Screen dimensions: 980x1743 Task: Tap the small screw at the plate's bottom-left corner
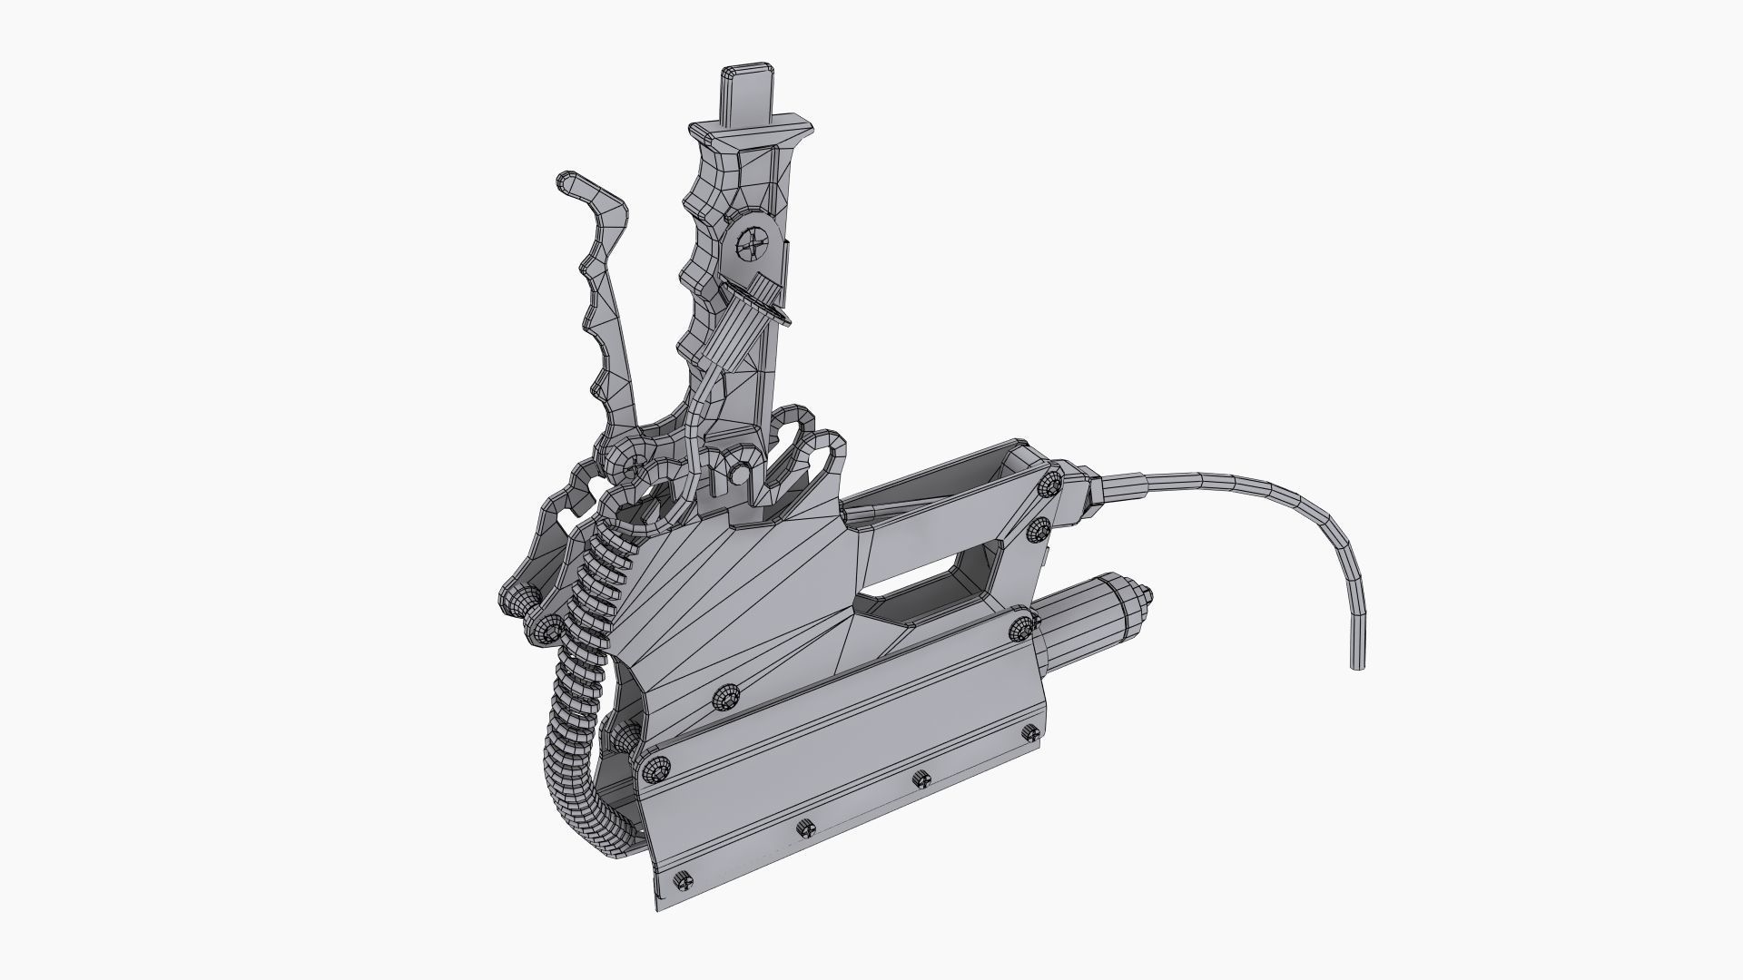pos(684,879)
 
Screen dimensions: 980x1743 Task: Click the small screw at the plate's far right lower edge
pos(1030,733)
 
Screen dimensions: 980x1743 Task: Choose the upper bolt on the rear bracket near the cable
pos(1050,484)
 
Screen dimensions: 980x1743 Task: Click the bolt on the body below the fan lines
pos(726,697)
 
